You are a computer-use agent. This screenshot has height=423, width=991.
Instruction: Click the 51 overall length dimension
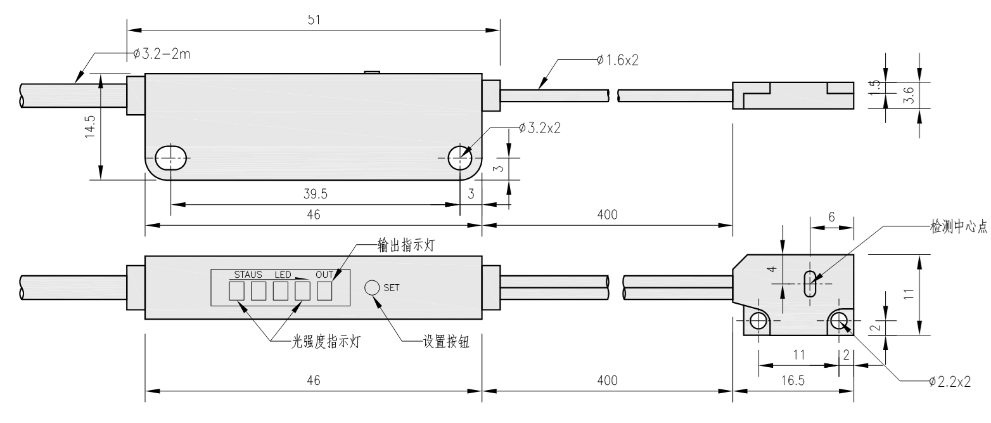click(x=313, y=20)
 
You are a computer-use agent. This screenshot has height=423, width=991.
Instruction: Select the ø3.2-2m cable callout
click(x=162, y=54)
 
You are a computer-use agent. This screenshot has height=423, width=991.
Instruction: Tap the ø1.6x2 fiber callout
click(x=617, y=60)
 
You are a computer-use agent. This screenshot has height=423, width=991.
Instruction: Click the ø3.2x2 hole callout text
click(x=539, y=127)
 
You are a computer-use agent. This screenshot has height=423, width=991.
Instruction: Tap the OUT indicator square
click(x=324, y=291)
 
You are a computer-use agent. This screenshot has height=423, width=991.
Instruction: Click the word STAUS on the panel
click(x=248, y=275)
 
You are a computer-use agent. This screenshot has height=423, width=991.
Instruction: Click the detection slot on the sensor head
click(x=809, y=283)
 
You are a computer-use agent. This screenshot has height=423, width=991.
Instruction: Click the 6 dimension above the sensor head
click(x=831, y=218)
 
